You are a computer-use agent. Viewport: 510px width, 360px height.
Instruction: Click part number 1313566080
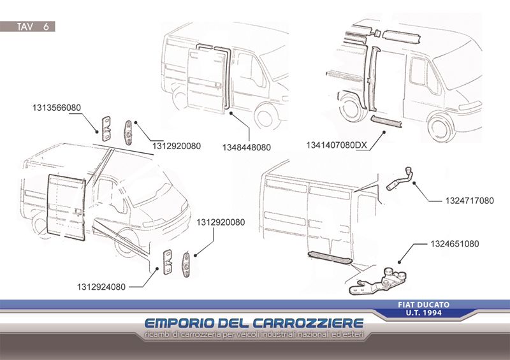pyautogui.click(x=57, y=108)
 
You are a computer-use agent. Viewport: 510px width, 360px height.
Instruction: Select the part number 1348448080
pyautogui.click(x=247, y=147)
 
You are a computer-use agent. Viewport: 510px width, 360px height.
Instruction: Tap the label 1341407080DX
pyautogui.click(x=337, y=145)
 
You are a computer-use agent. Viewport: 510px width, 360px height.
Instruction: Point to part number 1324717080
pyautogui.click(x=469, y=201)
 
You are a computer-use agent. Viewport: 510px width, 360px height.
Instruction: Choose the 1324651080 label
pyautogui.click(x=455, y=243)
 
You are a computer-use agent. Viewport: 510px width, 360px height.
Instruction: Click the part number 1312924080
pyautogui.click(x=101, y=287)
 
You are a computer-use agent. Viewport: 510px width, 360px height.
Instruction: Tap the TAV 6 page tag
pyautogui.click(x=33, y=26)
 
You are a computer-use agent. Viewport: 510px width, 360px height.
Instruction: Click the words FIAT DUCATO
pyautogui.click(x=424, y=305)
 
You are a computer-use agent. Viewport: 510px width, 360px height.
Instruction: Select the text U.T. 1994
pyautogui.click(x=424, y=313)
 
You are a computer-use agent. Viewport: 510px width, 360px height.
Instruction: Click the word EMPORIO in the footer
pyautogui.click(x=179, y=323)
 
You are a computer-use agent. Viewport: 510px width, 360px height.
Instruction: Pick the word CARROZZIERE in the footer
pyautogui.click(x=308, y=323)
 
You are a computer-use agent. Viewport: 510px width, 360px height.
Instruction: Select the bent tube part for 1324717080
pyautogui.click(x=400, y=180)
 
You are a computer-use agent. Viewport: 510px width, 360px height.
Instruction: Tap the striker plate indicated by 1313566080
pyautogui.click(x=106, y=129)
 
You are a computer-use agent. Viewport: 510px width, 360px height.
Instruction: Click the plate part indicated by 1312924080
pyautogui.click(x=168, y=262)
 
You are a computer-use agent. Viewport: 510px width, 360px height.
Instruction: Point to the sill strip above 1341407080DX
pyautogui.click(x=386, y=121)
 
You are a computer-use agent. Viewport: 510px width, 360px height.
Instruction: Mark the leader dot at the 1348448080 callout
pyautogui.click(x=230, y=113)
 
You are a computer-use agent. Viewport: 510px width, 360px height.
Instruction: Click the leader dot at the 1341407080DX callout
pyautogui.click(x=384, y=133)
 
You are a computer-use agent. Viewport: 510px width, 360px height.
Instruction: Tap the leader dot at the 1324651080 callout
pyautogui.click(x=399, y=262)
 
